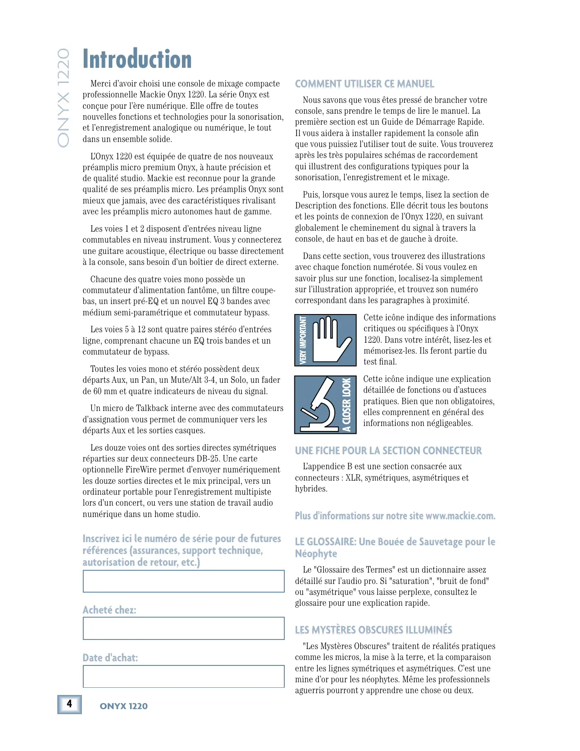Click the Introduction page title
(137, 60)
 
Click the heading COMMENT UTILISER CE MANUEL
(364, 84)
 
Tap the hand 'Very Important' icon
(325, 340)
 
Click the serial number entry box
(183, 581)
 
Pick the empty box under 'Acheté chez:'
(183, 629)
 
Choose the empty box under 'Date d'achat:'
(183, 676)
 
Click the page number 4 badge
(69, 704)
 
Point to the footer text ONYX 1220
(124, 706)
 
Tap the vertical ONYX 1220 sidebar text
(63, 97)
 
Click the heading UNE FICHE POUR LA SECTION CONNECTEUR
(388, 451)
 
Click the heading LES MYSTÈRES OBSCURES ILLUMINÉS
(373, 630)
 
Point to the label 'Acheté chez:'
(109, 610)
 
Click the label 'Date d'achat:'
(110, 658)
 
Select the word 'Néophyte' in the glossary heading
(316, 554)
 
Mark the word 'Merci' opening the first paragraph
(101, 84)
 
